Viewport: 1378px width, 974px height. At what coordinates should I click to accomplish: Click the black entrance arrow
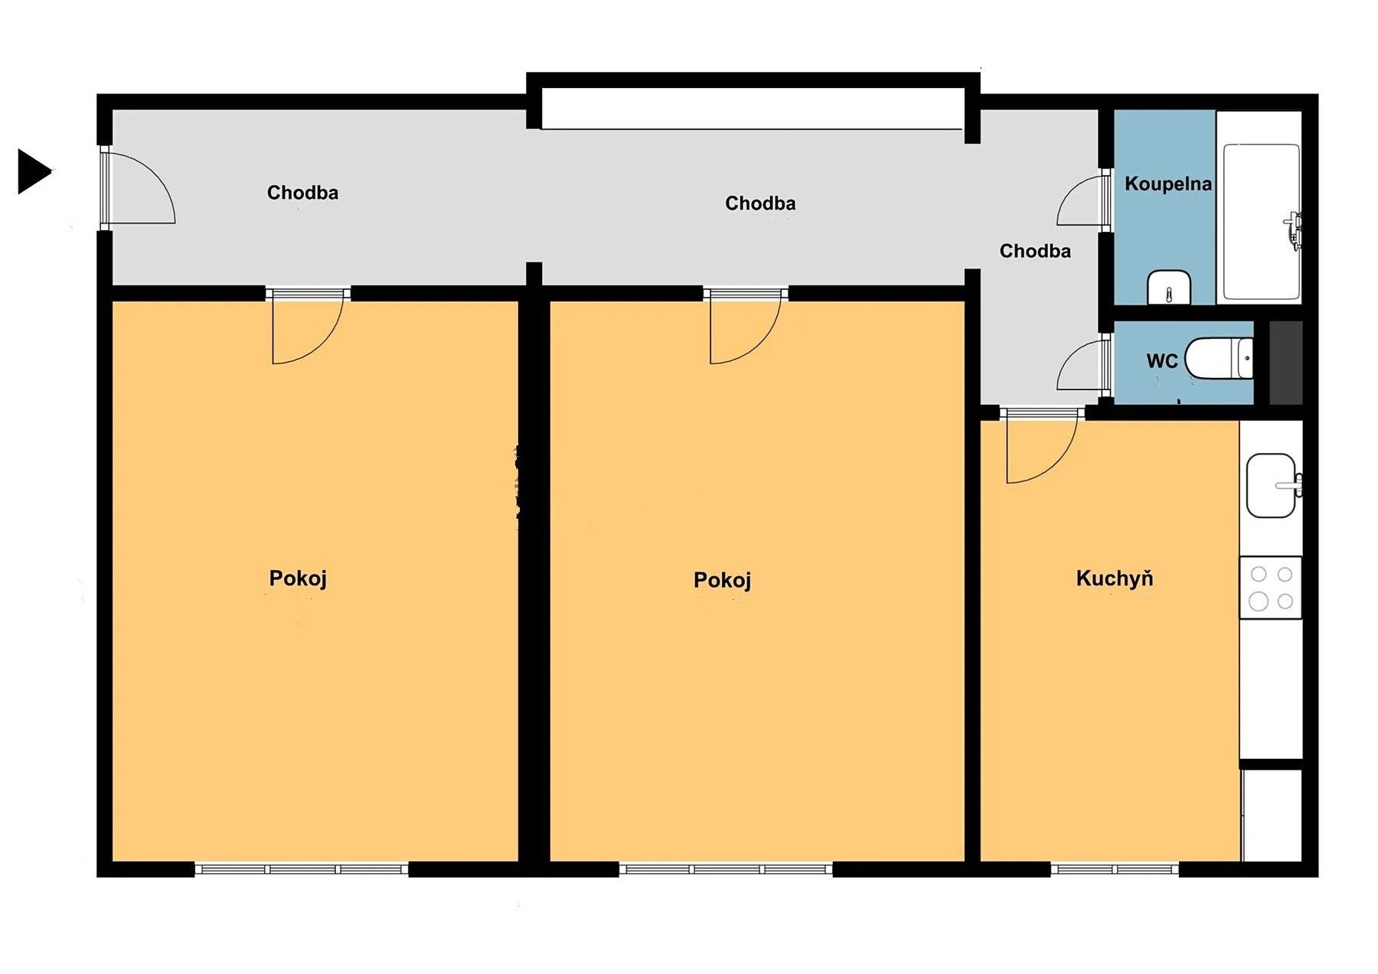click(x=34, y=171)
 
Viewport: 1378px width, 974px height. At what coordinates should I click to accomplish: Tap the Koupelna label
click(x=1167, y=184)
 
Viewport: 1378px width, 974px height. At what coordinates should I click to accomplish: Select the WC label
click(x=1161, y=361)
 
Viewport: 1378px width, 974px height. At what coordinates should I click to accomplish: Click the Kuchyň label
click(x=1114, y=578)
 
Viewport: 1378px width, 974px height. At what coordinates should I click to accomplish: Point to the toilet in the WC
click(x=1219, y=358)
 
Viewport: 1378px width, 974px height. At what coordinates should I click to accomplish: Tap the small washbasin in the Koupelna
click(x=1169, y=288)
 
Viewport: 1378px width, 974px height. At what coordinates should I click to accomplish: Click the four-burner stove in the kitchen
click(x=1271, y=588)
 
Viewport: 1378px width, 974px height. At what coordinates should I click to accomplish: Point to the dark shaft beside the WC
click(x=1286, y=363)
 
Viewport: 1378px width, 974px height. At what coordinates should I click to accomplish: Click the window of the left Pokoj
click(x=302, y=869)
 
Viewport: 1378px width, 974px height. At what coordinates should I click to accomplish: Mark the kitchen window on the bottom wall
click(x=1115, y=869)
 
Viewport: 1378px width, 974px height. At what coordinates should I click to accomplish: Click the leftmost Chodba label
click(x=302, y=193)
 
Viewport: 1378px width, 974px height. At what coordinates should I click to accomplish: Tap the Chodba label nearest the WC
click(x=1035, y=251)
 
